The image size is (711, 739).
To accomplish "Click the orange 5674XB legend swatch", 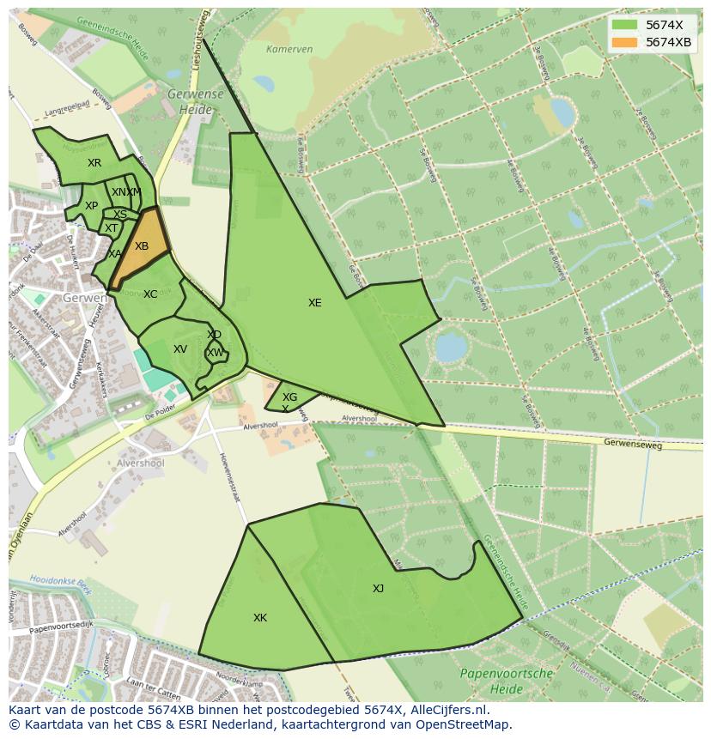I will click(625, 42).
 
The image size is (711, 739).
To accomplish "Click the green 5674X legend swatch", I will click(625, 26).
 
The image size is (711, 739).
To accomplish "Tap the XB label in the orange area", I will click(142, 246).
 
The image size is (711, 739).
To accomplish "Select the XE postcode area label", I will click(315, 303).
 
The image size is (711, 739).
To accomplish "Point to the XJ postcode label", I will click(378, 589).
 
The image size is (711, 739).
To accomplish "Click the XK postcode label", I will click(260, 618).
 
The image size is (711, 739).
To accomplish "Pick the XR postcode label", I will click(94, 163).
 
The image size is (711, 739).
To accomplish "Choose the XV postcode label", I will click(180, 349).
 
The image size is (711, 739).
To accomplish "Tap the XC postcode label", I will click(150, 294).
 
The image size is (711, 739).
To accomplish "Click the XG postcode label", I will click(290, 397).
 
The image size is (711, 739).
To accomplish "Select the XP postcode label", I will click(91, 206).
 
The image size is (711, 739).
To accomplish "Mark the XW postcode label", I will click(216, 353).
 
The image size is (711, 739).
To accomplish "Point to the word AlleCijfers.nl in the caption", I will click(449, 710).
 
